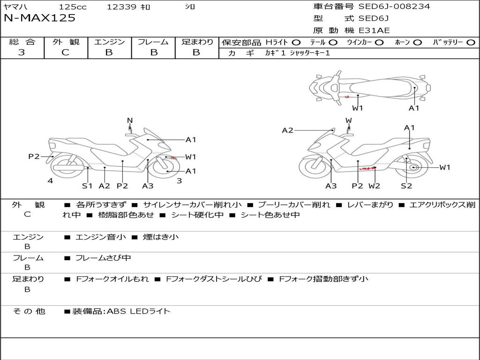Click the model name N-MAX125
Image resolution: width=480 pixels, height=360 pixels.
(x=40, y=18)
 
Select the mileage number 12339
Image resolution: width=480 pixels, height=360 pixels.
(x=122, y=7)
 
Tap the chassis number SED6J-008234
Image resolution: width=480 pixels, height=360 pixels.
(x=394, y=7)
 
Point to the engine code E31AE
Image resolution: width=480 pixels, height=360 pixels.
(x=374, y=30)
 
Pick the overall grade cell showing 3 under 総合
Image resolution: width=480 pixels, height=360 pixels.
(x=22, y=52)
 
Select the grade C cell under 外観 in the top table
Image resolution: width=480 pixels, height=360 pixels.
(x=65, y=52)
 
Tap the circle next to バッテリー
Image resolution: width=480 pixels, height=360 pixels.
(x=471, y=43)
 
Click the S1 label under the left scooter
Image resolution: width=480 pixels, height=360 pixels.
(x=87, y=186)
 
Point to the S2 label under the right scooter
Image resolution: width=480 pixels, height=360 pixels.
(x=406, y=186)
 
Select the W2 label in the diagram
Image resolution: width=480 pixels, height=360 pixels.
(x=374, y=186)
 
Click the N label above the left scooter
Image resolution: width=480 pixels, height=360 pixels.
(x=130, y=120)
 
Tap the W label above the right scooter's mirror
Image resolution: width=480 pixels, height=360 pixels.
(x=349, y=120)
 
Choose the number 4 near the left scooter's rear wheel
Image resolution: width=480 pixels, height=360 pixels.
(x=50, y=180)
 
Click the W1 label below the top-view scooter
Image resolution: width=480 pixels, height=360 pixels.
(x=358, y=108)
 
